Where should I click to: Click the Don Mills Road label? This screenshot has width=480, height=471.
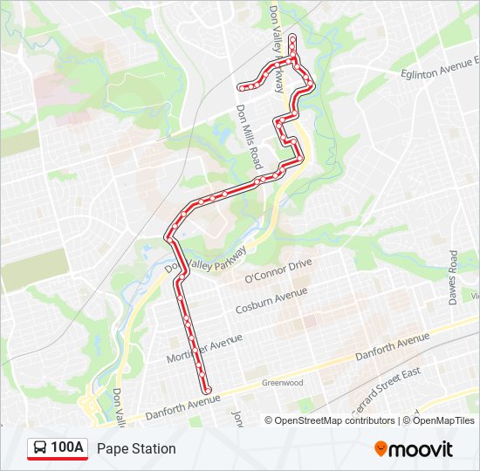click(249, 137)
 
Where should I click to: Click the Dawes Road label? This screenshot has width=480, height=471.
click(453, 278)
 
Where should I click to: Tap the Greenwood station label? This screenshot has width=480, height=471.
click(283, 382)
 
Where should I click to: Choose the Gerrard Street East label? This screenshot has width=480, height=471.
click(387, 390)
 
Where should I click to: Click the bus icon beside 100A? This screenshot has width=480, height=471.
click(40, 448)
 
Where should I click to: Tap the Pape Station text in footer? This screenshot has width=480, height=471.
click(136, 448)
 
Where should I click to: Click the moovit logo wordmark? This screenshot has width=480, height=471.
click(422, 449)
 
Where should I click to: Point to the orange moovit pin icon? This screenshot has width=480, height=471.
click(381, 448)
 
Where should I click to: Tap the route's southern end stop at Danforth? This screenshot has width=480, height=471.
click(207, 388)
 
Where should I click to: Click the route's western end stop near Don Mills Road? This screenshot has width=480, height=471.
click(240, 86)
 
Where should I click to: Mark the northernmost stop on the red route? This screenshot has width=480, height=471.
click(292, 38)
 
